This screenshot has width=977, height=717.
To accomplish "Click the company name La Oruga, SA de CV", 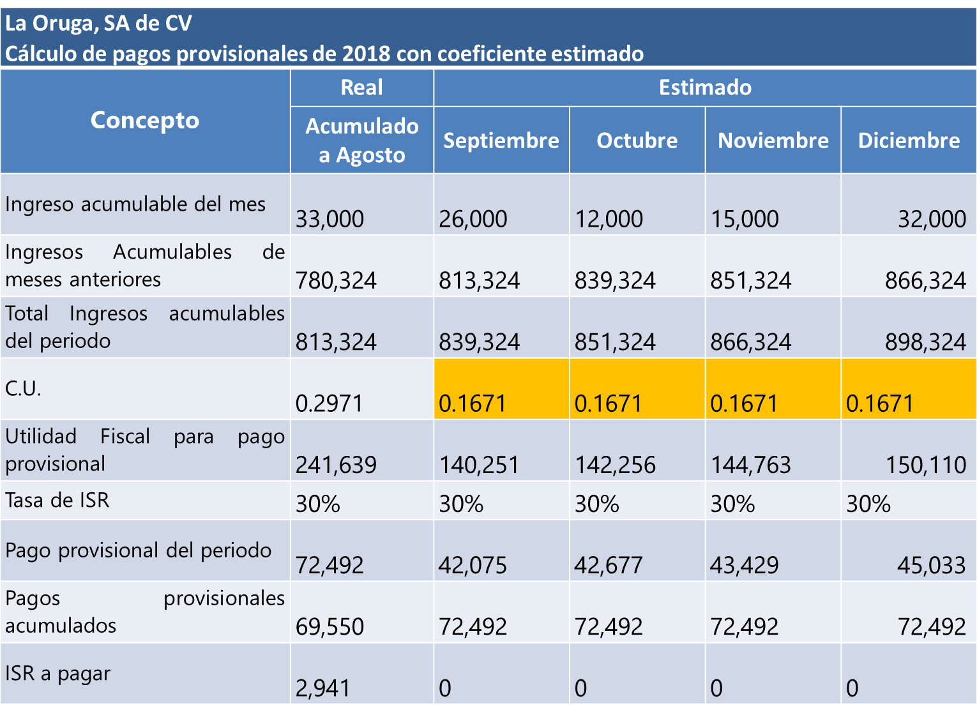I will (x=98, y=24).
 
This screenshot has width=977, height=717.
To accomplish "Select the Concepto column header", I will (x=145, y=120).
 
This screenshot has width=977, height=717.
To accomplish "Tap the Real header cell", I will (x=361, y=87).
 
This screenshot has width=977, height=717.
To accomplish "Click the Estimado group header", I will (x=705, y=87).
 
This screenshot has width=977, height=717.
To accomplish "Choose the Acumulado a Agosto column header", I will (x=361, y=140).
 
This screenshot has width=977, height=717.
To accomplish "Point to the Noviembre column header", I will (x=773, y=140).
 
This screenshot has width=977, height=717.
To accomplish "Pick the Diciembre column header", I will (x=908, y=140).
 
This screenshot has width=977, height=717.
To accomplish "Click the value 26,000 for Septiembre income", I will (x=473, y=219).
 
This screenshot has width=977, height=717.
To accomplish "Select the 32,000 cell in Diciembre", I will (x=931, y=219).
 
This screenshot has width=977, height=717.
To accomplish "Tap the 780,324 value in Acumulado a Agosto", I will (x=336, y=280).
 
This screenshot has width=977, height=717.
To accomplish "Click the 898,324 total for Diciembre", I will (x=925, y=342).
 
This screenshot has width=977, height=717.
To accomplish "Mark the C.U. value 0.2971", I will (x=329, y=404).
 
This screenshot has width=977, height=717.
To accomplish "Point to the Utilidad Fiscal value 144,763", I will (x=750, y=465).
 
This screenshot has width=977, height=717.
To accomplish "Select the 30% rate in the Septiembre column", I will (x=460, y=504).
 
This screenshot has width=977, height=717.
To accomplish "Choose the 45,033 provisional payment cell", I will (x=931, y=565).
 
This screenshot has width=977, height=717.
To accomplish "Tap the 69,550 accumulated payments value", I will (x=329, y=626).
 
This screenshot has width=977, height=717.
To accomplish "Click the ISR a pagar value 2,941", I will (x=322, y=688).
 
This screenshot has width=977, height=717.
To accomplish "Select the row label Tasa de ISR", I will (x=57, y=500).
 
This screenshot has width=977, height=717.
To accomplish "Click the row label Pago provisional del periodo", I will (x=138, y=550).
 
